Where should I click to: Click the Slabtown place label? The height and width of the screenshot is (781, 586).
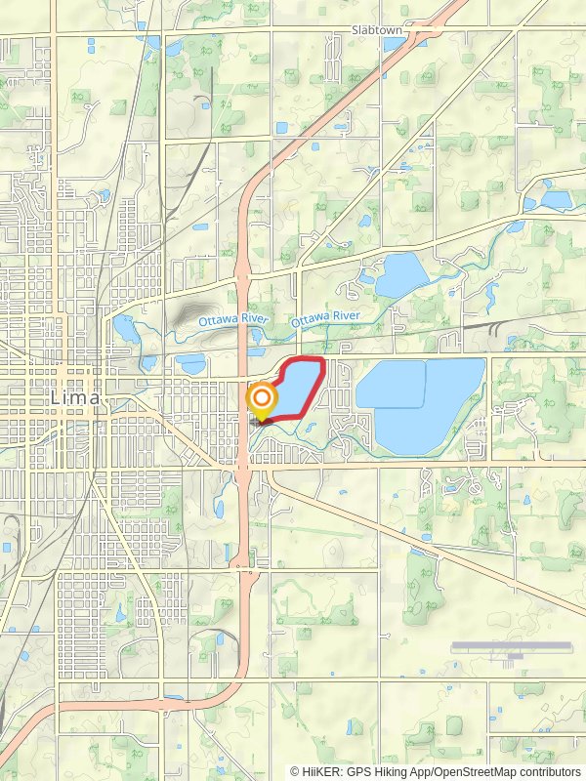[376, 31]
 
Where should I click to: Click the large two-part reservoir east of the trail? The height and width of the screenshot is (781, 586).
[420, 400]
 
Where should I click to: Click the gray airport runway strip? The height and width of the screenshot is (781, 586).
[513, 645]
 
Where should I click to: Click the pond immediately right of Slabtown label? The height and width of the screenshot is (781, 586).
[418, 41]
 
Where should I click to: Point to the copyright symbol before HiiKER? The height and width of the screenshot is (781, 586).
[295, 771]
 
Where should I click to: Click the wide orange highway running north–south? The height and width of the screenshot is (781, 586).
[241, 293]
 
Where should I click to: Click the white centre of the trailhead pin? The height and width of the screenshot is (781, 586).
[262, 398]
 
